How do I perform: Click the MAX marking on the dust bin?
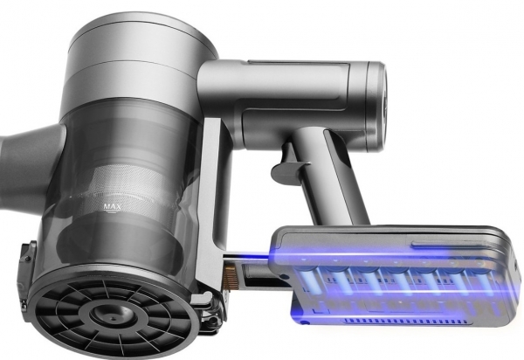pos(112,207)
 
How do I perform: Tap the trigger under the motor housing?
pos(287,163)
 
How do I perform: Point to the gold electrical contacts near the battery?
pos(230,275)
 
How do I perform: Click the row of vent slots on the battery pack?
pos(405,322)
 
